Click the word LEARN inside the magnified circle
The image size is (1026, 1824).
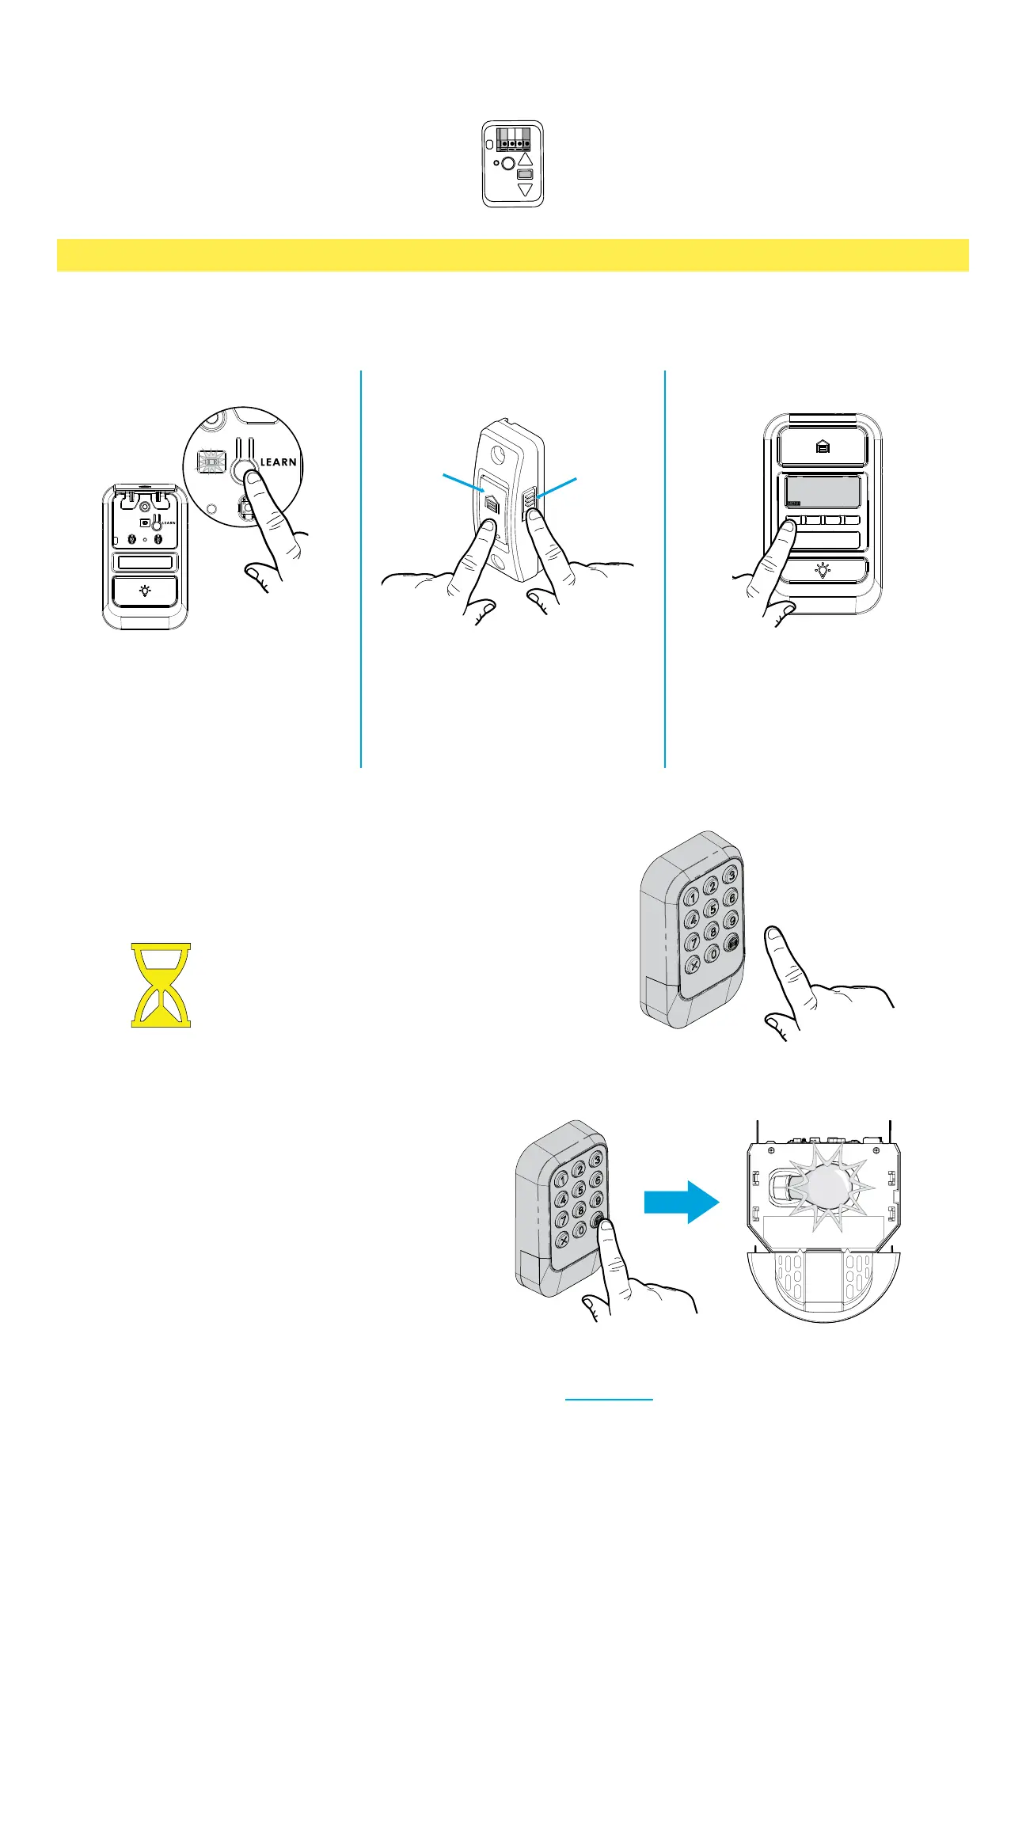(279, 462)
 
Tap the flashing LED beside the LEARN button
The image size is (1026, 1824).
(211, 462)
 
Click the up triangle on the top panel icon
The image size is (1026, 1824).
(526, 158)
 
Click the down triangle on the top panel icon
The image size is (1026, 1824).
(526, 190)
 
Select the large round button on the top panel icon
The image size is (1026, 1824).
(509, 163)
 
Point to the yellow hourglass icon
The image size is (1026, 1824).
(161, 985)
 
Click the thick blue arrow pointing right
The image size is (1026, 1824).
(681, 1203)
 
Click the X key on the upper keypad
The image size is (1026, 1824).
(693, 964)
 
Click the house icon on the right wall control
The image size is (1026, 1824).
(823, 447)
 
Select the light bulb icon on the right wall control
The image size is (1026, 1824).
(823, 570)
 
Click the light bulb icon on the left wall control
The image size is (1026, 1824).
(145, 591)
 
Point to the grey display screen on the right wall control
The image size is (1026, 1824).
(823, 492)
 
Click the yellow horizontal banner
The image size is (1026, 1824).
(513, 255)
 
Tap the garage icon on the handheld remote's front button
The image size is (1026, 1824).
(491, 507)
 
